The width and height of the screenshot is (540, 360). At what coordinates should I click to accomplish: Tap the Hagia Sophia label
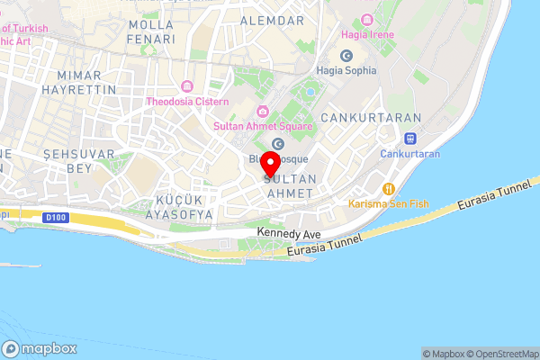346,70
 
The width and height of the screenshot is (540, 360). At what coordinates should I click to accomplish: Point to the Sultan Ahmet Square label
263,126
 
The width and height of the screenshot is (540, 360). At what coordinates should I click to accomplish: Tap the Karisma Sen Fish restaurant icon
389,188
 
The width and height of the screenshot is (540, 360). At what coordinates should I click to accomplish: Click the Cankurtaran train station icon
410,139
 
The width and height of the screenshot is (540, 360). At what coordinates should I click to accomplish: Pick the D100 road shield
56,216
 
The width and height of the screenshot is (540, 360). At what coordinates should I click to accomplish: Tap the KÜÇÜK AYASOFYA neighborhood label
172,207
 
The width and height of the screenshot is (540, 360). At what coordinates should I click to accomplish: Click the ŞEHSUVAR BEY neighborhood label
79,161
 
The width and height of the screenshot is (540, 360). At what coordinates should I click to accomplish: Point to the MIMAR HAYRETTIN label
86,83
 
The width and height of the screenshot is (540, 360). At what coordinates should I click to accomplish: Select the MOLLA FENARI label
150,31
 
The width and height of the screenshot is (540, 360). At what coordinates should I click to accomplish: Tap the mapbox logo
40,349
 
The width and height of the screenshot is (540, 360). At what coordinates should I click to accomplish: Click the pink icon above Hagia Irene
365,20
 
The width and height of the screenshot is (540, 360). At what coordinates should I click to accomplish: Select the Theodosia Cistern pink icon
187,86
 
